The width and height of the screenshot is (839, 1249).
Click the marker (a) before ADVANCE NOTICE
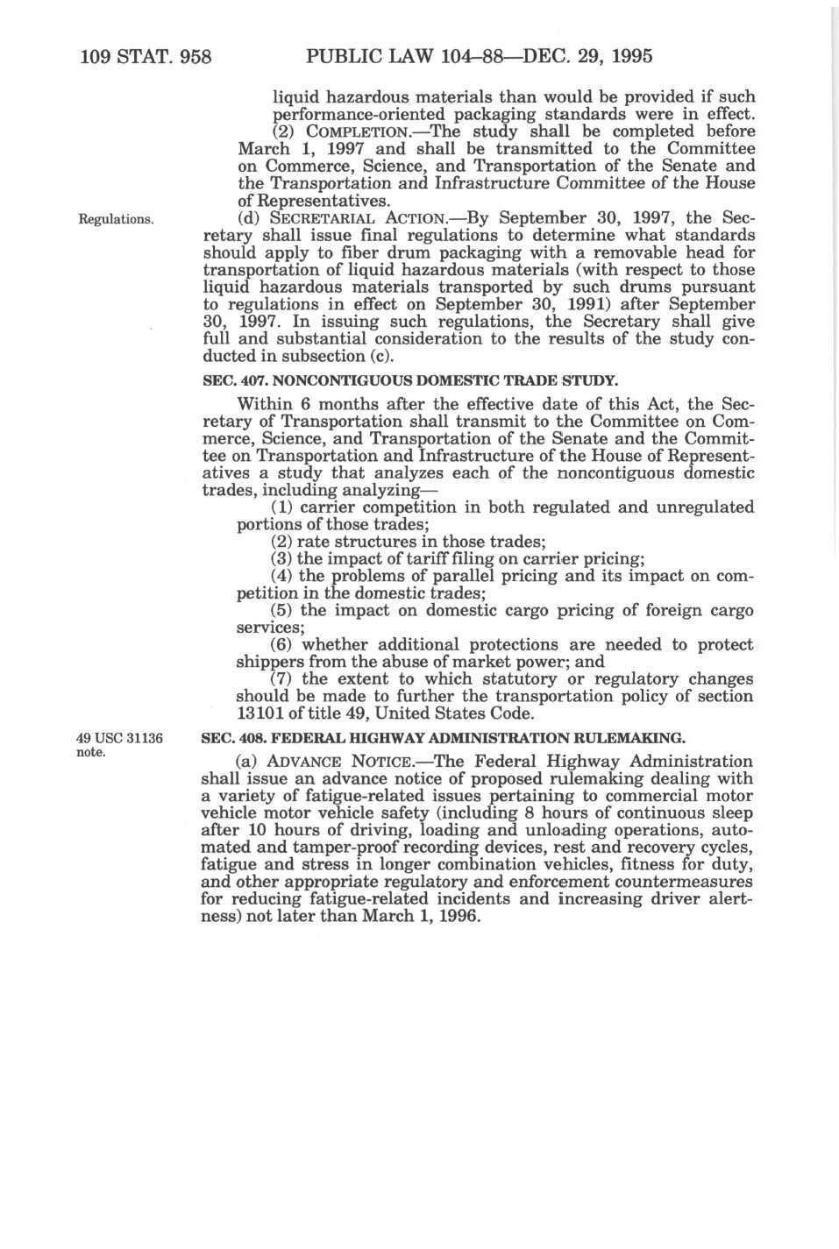click(249, 762)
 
